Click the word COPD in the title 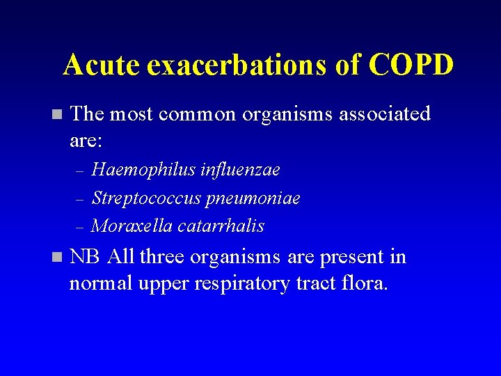tap(411, 65)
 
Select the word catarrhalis tap(221, 226)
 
